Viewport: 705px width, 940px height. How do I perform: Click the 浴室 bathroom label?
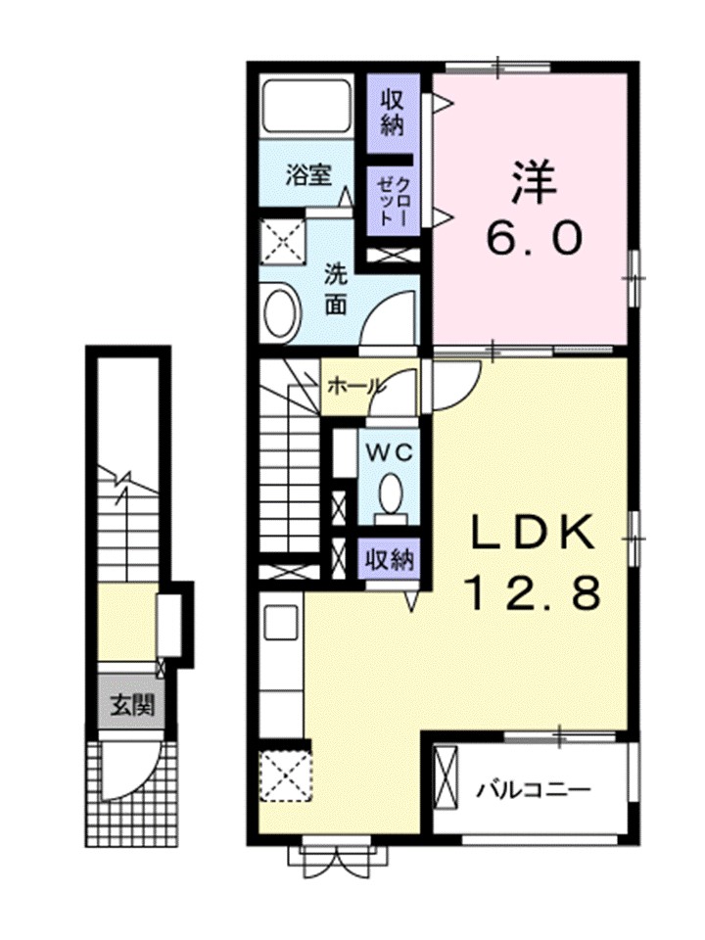pyautogui.click(x=307, y=176)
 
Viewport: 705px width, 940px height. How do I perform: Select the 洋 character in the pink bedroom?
pyautogui.click(x=532, y=181)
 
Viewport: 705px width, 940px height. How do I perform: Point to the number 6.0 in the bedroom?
pyautogui.click(x=534, y=237)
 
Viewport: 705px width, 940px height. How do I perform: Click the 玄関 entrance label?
pyautogui.click(x=129, y=703)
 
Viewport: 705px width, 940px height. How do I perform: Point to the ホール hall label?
pyautogui.click(x=353, y=386)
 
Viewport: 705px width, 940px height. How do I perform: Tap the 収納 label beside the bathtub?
pyautogui.click(x=392, y=112)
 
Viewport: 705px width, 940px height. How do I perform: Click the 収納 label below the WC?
pyautogui.click(x=389, y=560)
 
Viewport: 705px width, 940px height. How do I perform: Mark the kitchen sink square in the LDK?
pyautogui.click(x=282, y=621)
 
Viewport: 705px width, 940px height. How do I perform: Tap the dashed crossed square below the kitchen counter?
pyautogui.click(x=284, y=774)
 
